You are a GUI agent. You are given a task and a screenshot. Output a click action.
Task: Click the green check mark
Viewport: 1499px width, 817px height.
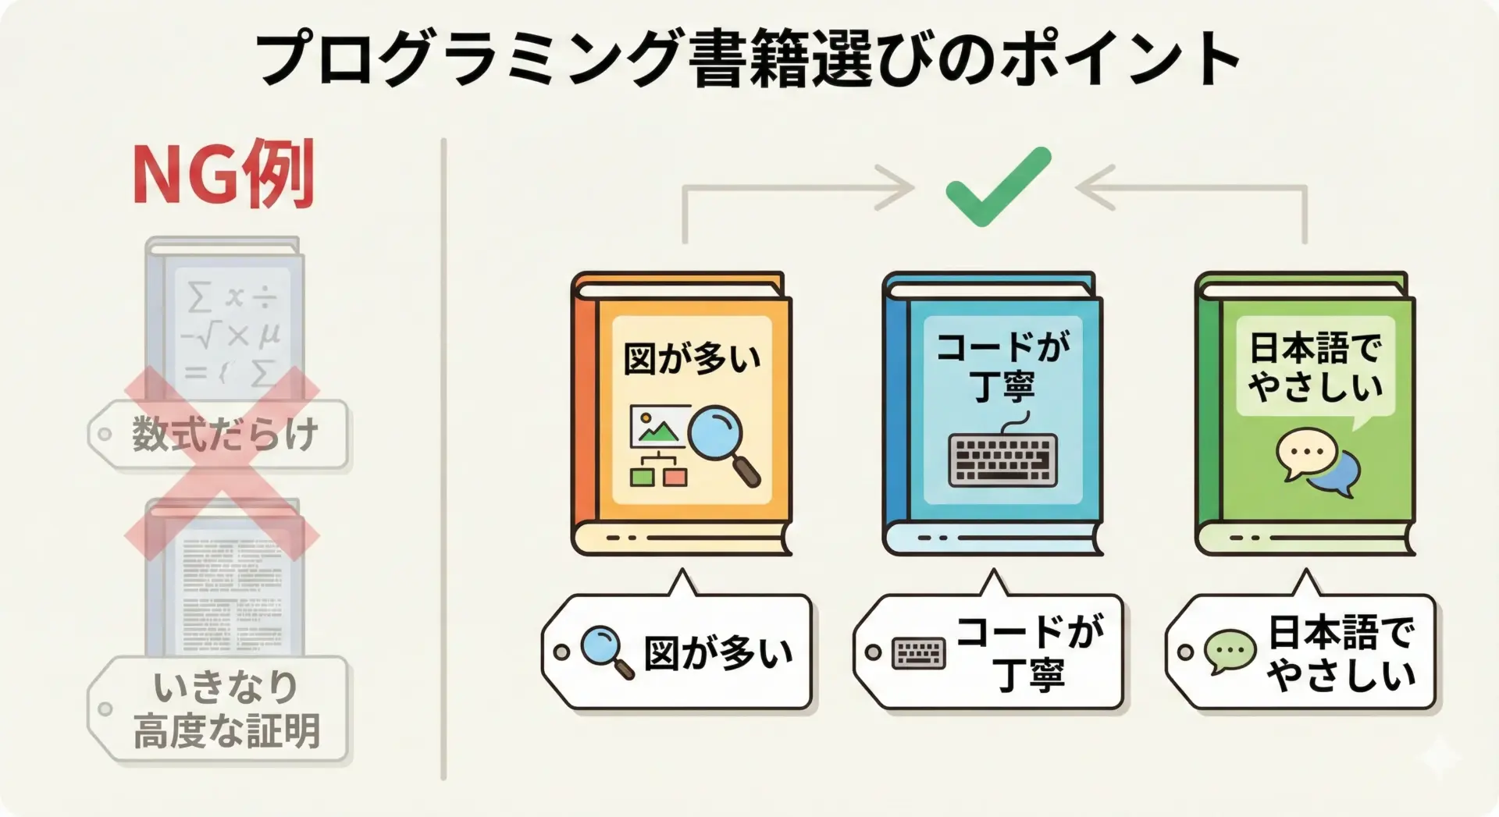pyautogui.click(x=998, y=186)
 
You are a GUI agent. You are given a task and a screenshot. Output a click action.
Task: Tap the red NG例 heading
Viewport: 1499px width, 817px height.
pyautogui.click(x=223, y=175)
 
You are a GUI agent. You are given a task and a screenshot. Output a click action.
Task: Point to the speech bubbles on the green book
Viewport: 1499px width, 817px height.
pyautogui.click(x=1318, y=462)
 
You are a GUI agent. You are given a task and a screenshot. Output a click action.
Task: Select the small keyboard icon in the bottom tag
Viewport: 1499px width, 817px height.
pyautogui.click(x=918, y=653)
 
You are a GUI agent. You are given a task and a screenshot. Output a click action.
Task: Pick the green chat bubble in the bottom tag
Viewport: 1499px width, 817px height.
pyautogui.click(x=1230, y=652)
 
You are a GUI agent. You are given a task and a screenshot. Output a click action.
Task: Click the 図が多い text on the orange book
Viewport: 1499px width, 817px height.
pyautogui.click(x=692, y=360)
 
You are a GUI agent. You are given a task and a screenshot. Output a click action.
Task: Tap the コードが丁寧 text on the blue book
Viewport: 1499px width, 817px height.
pyautogui.click(x=1003, y=367)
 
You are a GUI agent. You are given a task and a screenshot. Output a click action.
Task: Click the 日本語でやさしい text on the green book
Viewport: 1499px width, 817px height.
pyautogui.click(x=1316, y=367)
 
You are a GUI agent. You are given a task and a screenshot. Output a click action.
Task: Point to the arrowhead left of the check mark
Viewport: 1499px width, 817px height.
pyautogui.click(x=896, y=187)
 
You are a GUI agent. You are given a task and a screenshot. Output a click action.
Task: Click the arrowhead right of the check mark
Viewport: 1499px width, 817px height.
pyautogui.click(x=1096, y=187)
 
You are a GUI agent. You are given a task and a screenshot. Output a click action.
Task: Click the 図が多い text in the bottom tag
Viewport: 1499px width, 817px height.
pyautogui.click(x=718, y=652)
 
